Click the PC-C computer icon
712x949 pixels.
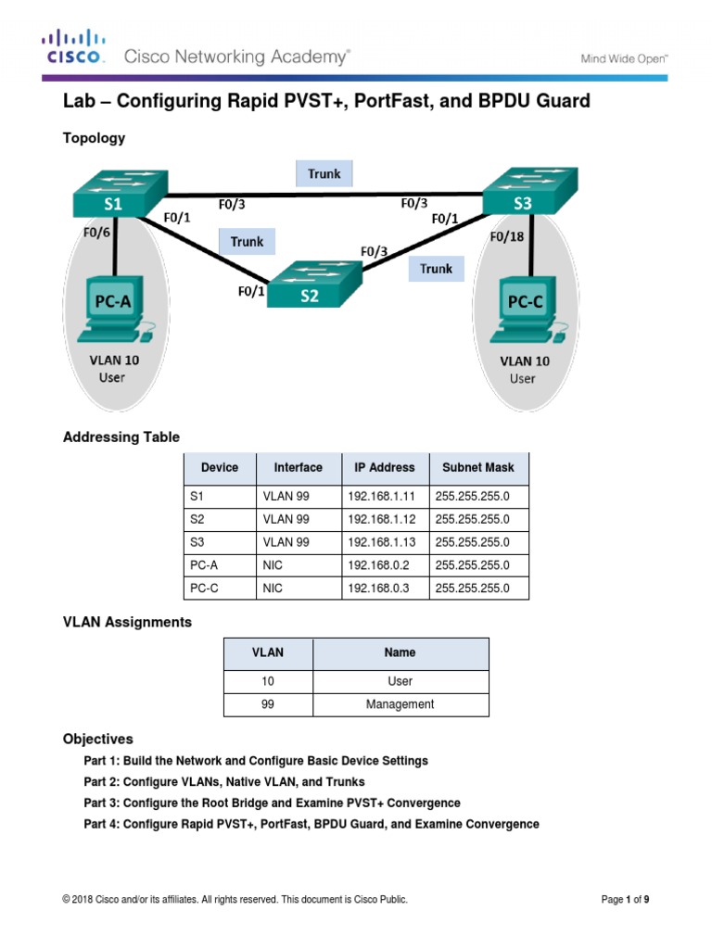(x=524, y=311)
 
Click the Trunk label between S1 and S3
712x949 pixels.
(x=324, y=173)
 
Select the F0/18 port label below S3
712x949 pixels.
(x=506, y=236)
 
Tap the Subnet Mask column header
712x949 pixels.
(x=477, y=467)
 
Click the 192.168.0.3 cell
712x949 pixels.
(x=375, y=588)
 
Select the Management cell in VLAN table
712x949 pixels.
(x=400, y=704)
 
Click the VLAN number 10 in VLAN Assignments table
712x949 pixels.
(x=268, y=681)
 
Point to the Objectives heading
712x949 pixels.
(x=97, y=739)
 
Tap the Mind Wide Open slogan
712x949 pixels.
(x=624, y=58)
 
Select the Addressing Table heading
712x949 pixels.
(x=121, y=437)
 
